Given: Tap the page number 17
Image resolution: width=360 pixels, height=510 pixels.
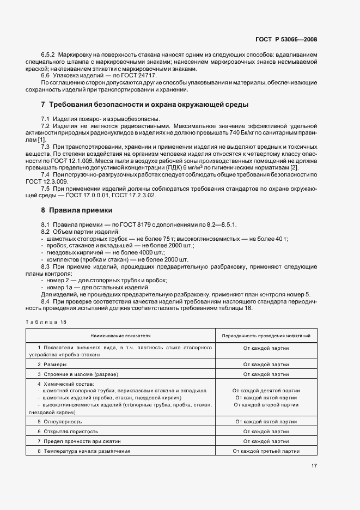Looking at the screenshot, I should tap(314, 465).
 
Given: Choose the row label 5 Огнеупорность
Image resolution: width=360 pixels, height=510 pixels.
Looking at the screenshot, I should tap(60, 422).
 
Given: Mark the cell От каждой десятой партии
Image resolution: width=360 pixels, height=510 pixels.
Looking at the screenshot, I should tap(266, 391).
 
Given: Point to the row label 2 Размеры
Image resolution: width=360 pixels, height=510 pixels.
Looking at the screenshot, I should tap(52, 364).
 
